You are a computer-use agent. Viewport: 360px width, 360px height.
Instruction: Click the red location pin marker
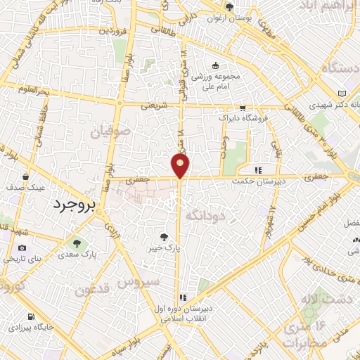click(x=181, y=166)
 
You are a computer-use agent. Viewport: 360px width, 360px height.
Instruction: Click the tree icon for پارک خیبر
click(x=164, y=237)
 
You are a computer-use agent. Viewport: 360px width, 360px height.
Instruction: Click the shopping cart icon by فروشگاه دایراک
click(x=243, y=108)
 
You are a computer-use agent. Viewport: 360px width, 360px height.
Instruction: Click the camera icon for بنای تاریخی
click(x=22, y=248)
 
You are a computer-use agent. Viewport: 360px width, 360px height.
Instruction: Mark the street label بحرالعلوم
click(x=33, y=92)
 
